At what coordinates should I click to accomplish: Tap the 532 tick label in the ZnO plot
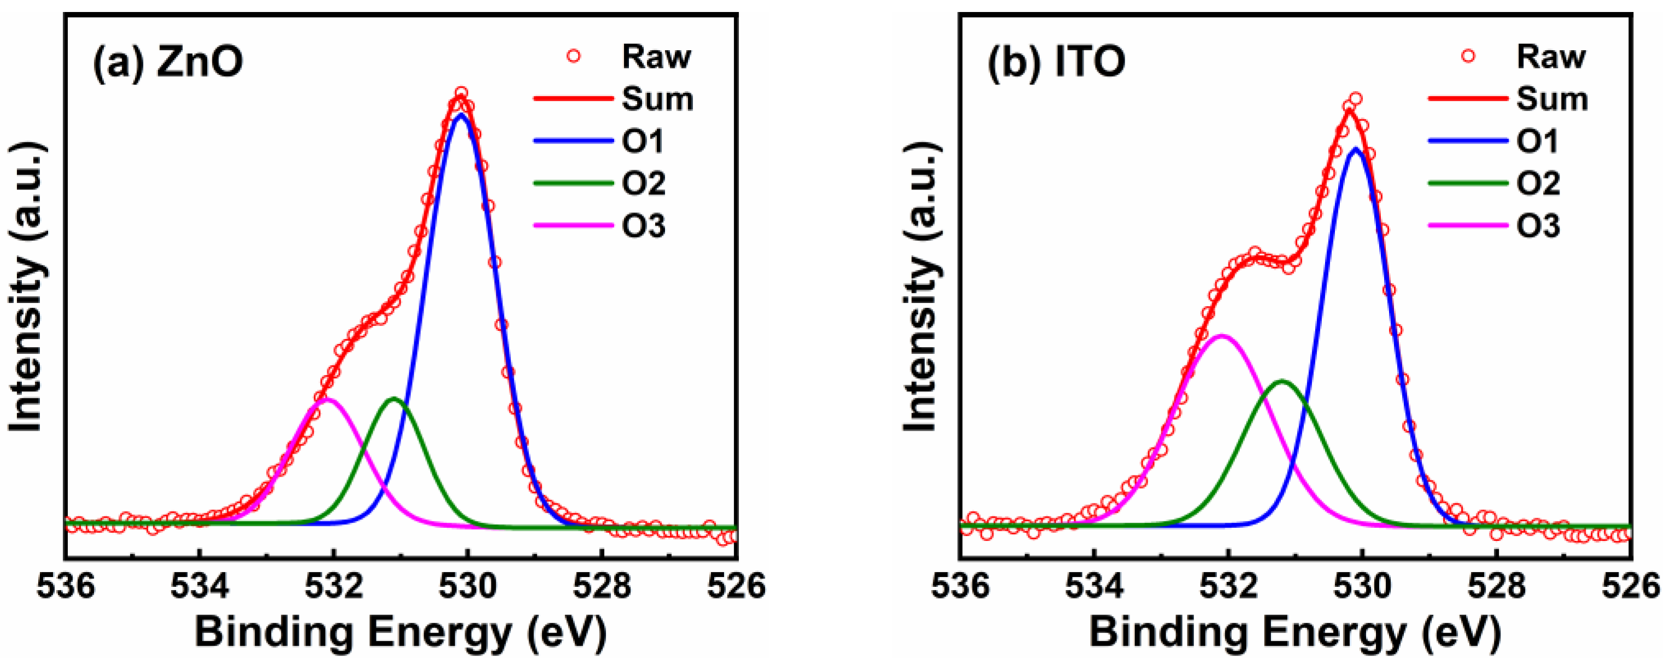[334, 586]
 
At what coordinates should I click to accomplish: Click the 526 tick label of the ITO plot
[1630, 586]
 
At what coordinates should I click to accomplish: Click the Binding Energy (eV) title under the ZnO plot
[401, 633]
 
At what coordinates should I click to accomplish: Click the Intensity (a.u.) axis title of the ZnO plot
[26, 288]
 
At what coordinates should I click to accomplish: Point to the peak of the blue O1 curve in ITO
[1355, 148]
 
